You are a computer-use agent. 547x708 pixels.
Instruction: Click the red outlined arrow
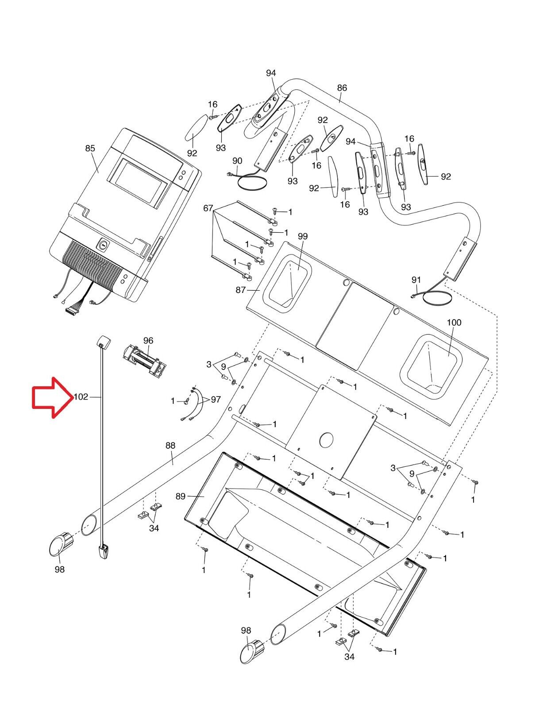coord(52,397)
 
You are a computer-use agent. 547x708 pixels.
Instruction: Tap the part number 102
coord(81,397)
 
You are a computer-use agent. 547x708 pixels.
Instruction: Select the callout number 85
coord(90,148)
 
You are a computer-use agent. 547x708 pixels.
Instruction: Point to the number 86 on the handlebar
coord(342,88)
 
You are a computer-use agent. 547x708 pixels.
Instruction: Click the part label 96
coord(148,340)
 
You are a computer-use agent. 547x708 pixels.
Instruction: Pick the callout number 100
coord(454,322)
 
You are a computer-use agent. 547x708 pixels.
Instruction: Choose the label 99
coord(303,236)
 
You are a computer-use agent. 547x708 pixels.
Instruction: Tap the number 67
coord(208,208)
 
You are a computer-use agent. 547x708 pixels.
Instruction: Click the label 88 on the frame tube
coord(170,446)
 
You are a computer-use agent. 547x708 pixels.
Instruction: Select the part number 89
coord(181,496)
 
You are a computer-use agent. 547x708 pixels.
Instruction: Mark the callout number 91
coord(416,280)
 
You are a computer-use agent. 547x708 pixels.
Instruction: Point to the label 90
coord(237,161)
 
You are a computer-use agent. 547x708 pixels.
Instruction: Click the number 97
coord(216,399)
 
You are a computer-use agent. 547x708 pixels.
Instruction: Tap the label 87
coord(240,290)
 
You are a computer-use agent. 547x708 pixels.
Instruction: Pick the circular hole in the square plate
coord(327,440)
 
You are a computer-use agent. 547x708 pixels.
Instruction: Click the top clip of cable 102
coord(103,342)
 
